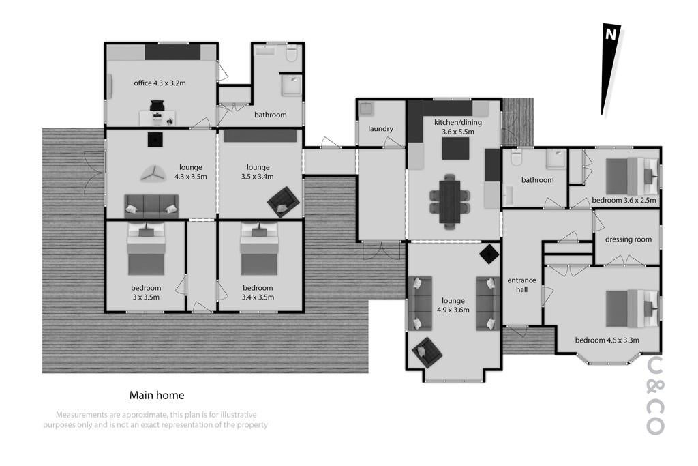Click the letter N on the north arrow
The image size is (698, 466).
610,34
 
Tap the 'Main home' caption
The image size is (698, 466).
157,395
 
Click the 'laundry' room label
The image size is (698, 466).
380,129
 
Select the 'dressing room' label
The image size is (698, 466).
628,239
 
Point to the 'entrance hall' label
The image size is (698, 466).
521,285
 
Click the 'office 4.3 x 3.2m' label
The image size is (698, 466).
160,83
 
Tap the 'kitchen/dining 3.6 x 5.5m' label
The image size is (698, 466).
458,127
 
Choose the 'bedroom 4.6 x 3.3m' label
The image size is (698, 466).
607,340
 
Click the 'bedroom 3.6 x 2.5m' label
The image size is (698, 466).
624,201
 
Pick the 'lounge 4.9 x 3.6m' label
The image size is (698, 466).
453,305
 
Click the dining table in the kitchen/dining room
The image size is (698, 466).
450,201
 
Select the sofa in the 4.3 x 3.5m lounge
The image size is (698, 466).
151,206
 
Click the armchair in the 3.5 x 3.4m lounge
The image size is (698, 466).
283,202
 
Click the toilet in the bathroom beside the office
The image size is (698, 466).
292,53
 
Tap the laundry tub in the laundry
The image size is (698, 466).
366,108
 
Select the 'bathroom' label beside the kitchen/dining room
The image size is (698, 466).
537,180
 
